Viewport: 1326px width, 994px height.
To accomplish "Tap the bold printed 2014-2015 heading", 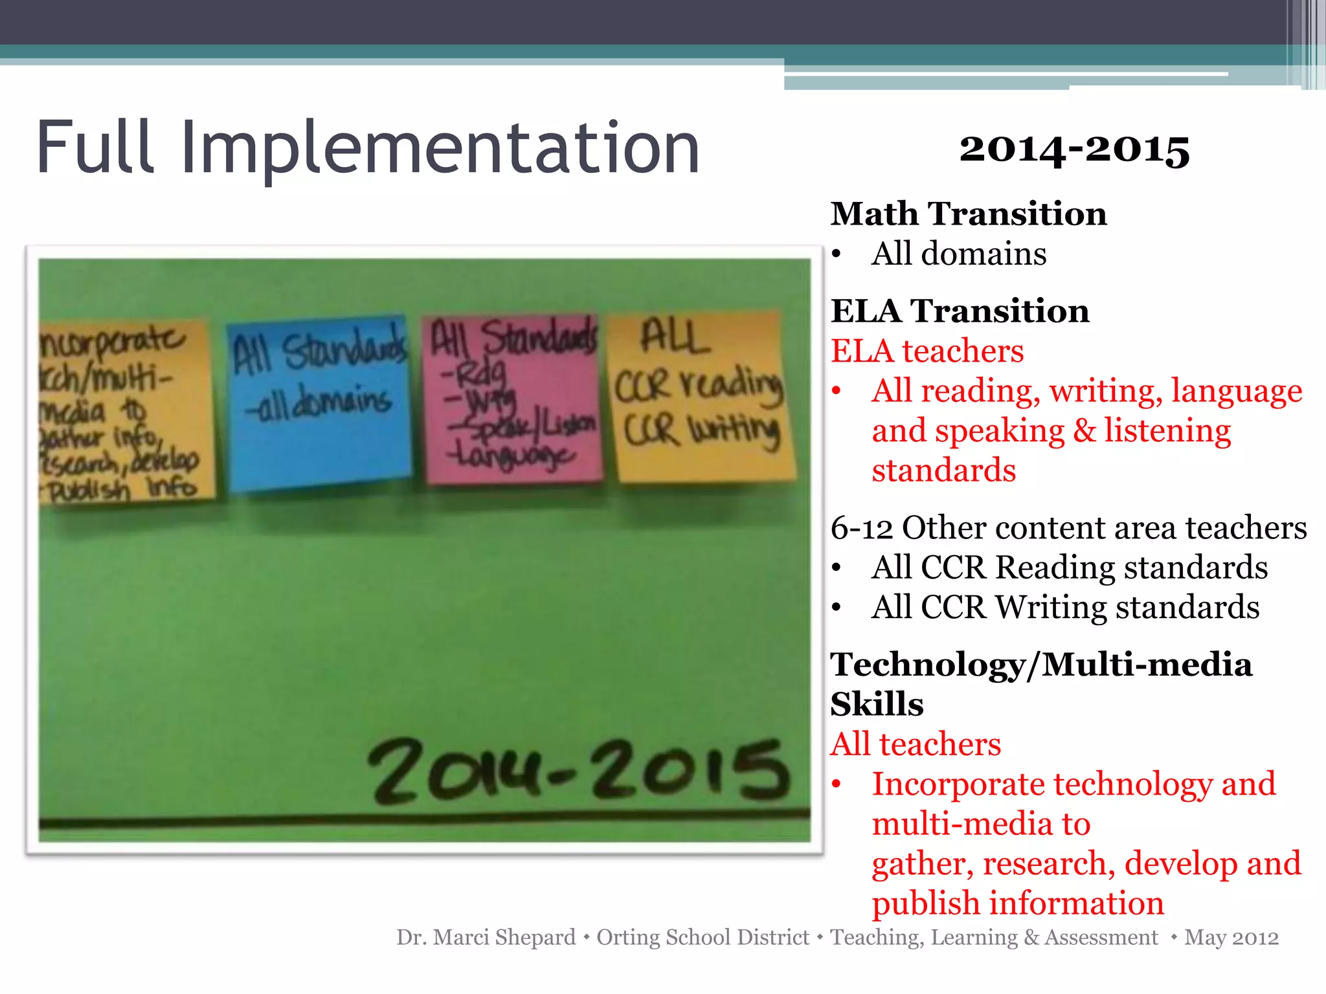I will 1074,149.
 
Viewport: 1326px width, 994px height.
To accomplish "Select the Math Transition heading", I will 969,214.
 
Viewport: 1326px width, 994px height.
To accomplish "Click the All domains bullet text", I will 958,253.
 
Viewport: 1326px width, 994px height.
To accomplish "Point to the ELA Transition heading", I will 960,311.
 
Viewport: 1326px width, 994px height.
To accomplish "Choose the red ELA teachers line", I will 927,351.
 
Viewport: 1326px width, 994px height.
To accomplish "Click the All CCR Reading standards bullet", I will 1069,567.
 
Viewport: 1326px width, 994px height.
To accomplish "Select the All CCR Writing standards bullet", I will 1065,607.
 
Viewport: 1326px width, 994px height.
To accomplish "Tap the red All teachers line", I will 916,744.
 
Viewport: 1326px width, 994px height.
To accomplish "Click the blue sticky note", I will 319,401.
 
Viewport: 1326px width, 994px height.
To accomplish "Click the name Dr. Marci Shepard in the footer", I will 486,937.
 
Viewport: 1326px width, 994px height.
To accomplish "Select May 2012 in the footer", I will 1231,937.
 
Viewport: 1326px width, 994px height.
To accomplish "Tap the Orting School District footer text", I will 702,937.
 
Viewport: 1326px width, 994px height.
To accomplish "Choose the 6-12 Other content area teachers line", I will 1068,527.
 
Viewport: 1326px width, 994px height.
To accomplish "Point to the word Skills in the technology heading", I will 877,704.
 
